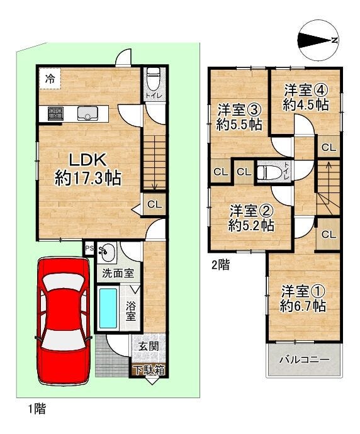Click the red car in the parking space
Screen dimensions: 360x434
pyautogui.click(x=63, y=321)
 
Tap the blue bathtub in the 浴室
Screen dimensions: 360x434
pyautogui.click(x=108, y=308)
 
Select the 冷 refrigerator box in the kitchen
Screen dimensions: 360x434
pyautogui.click(x=50, y=79)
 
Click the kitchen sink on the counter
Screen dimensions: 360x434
pyautogui.click(x=87, y=114)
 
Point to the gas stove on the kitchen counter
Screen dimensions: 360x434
pyautogui.click(x=55, y=114)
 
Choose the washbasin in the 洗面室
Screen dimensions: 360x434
pyautogui.click(x=107, y=253)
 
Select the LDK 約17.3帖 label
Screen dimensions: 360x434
pyautogui.click(x=87, y=169)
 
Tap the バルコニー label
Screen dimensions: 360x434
pyautogui.click(x=305, y=360)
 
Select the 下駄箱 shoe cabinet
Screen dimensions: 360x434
pyautogui.click(x=149, y=370)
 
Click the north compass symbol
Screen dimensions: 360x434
pyautogui.click(x=318, y=40)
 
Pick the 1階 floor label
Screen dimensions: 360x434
pyautogui.click(x=37, y=409)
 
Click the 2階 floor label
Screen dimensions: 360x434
pyautogui.click(x=220, y=265)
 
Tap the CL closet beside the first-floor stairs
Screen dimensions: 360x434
pyautogui.click(x=154, y=204)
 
